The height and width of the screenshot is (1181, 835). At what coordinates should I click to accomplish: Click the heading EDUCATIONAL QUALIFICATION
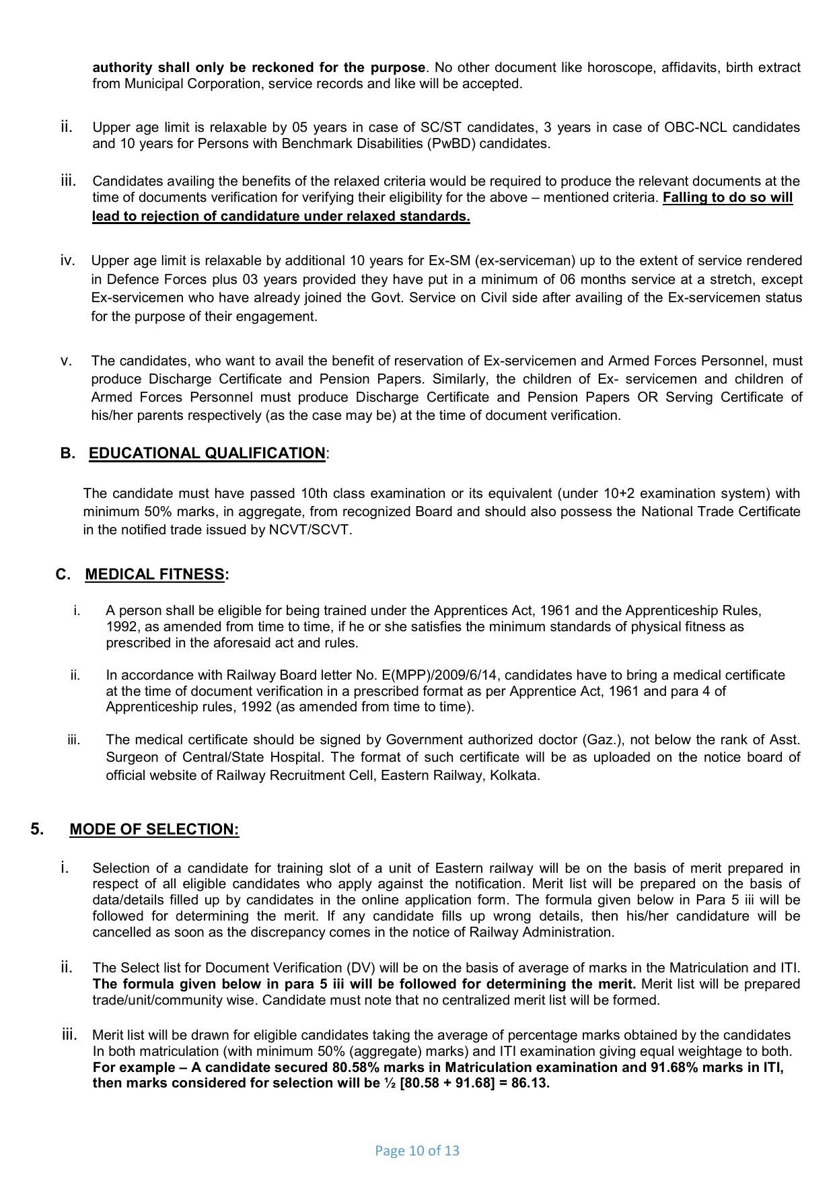coord(207,454)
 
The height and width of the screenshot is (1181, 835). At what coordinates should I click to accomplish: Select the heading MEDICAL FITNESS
coord(155,575)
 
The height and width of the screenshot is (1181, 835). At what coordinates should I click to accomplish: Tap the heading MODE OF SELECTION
coord(154,830)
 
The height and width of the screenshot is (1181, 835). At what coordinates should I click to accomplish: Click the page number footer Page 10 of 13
coord(416,1151)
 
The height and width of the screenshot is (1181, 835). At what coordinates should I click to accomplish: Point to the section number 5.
coord(37,829)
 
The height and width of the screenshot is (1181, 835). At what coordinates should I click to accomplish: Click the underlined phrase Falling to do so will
coord(727,198)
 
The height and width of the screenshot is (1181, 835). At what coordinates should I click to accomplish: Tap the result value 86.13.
coord(531,1083)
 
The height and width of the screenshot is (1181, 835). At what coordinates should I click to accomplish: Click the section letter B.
coord(67,454)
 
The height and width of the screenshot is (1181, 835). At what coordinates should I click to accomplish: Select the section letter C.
coord(63,575)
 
